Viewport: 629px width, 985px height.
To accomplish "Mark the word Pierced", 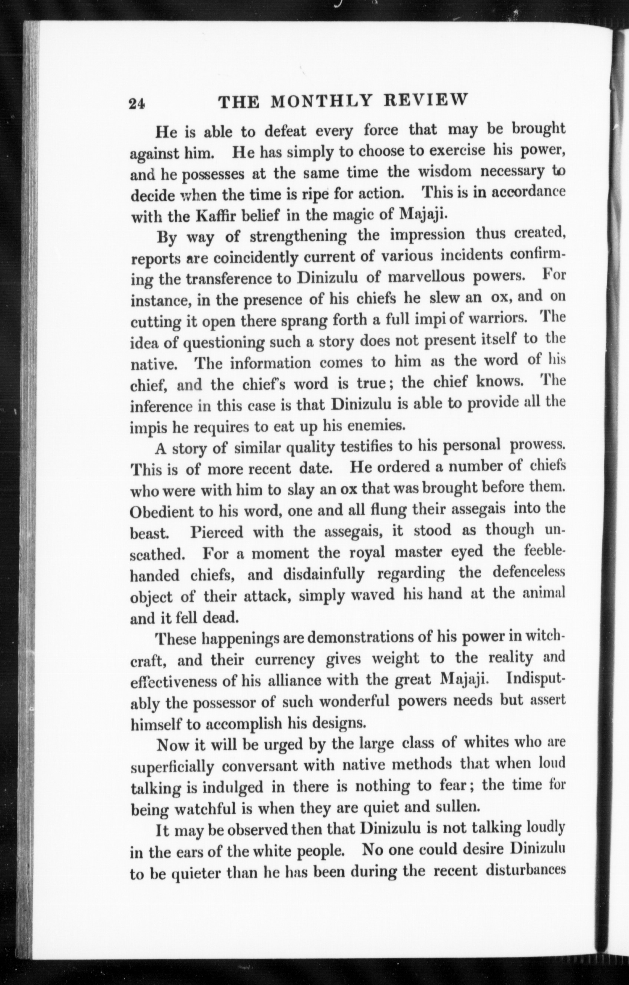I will coord(216,532).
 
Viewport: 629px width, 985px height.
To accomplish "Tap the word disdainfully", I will coord(323,574).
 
